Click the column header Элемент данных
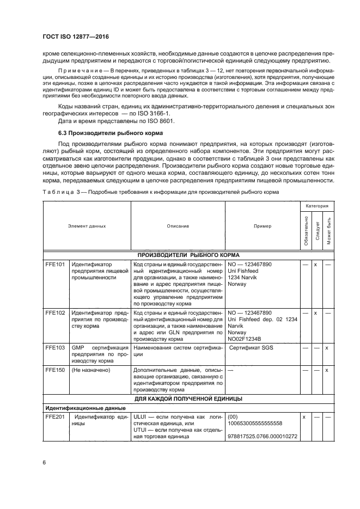click(x=87, y=225)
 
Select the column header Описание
click(x=178, y=225)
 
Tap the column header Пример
click(x=263, y=225)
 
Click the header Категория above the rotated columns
click(x=316, y=207)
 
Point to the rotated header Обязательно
click(x=306, y=231)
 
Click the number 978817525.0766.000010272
click(x=263, y=436)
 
